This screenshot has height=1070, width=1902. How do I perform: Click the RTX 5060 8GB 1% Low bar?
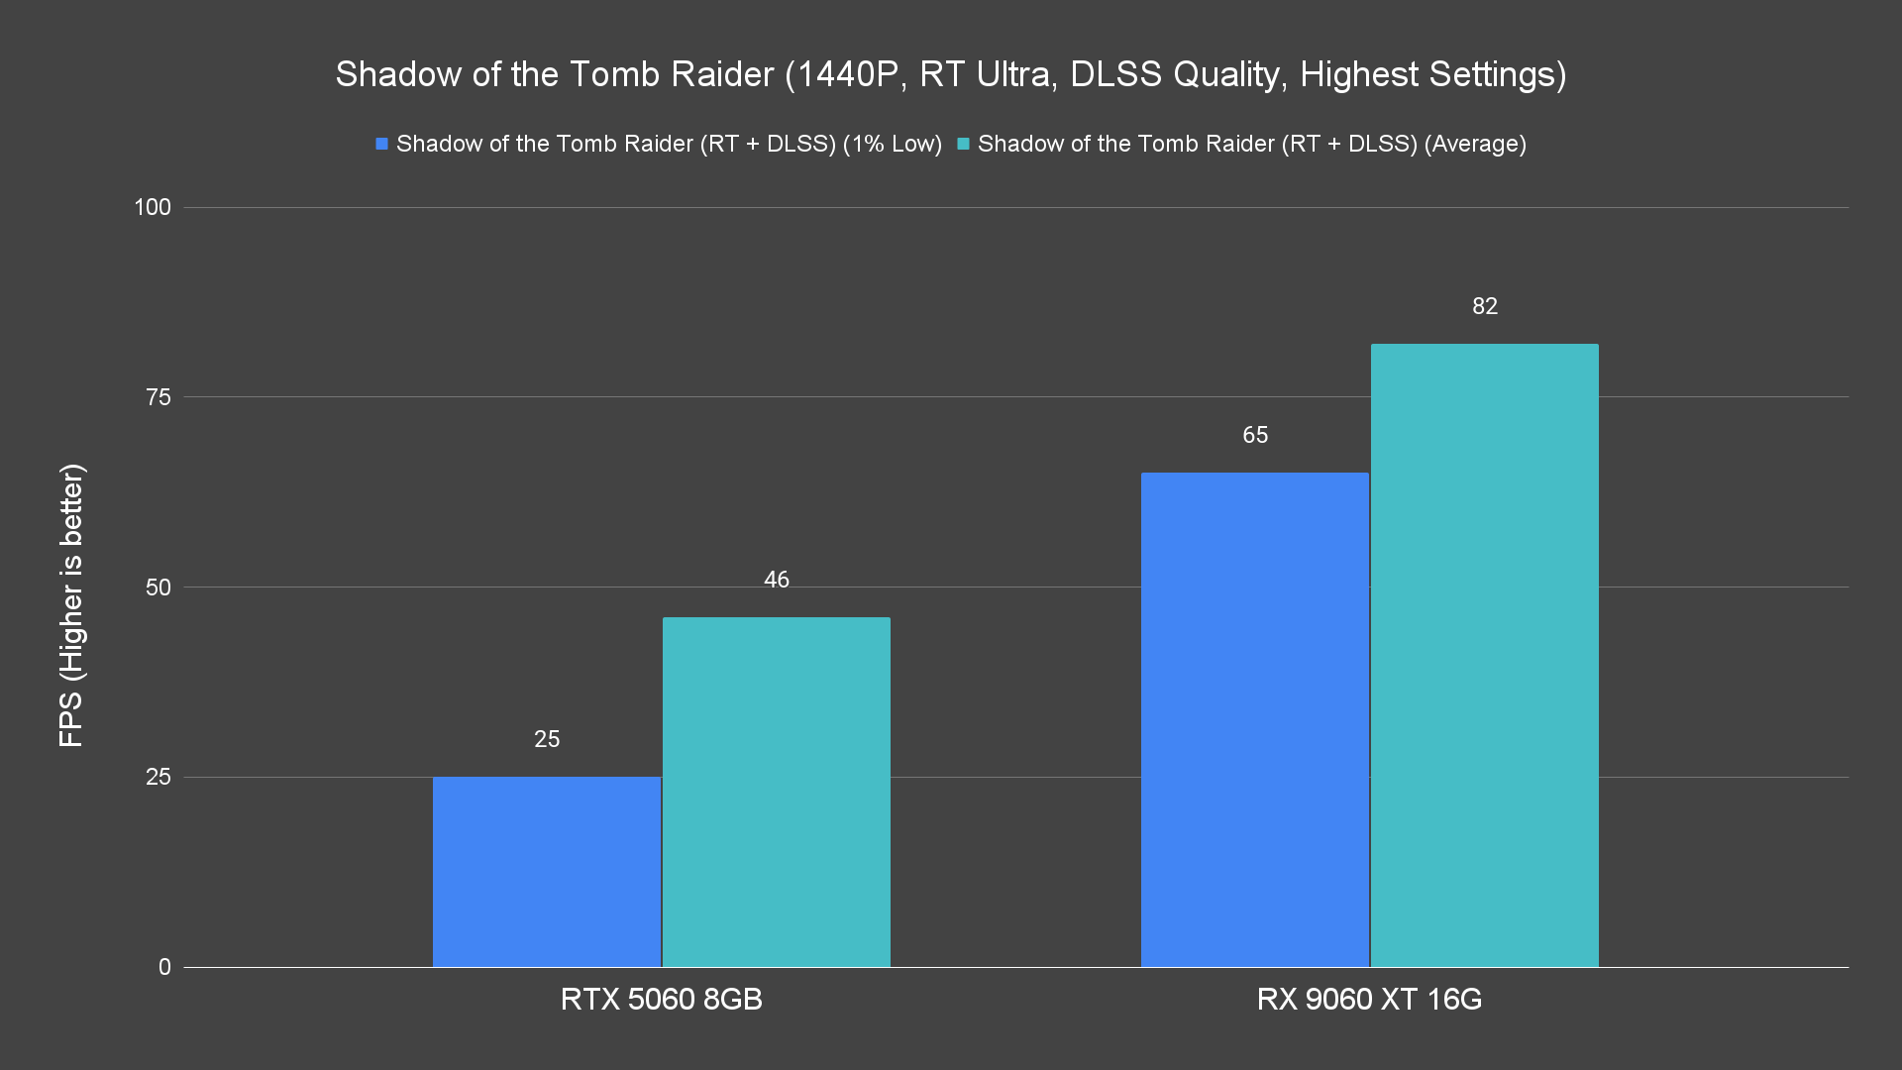[547, 872]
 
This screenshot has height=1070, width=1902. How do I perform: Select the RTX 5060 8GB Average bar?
[777, 793]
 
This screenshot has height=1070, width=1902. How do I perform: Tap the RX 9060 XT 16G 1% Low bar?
[1255, 719]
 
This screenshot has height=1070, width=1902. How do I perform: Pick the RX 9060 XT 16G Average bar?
[1484, 655]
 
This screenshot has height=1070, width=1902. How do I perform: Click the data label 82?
[1484, 306]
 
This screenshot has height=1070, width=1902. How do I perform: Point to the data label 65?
[1255, 435]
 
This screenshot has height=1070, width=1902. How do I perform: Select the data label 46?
[777, 580]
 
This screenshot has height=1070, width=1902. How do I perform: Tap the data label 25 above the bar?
[547, 739]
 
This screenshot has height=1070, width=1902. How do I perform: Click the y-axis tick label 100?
[153, 207]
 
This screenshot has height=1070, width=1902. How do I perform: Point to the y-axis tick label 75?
[158, 397]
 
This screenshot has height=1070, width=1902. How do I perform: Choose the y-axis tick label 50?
[158, 588]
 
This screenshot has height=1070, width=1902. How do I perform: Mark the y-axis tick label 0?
[164, 967]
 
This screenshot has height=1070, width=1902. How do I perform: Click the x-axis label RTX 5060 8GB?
[661, 999]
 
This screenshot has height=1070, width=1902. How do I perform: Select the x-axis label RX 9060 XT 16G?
[1369, 999]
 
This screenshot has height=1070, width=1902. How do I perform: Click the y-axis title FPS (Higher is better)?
[71, 604]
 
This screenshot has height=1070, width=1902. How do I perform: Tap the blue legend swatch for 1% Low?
[381, 144]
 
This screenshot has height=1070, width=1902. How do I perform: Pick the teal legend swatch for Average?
[963, 144]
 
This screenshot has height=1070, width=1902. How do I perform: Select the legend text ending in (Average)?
[1251, 144]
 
